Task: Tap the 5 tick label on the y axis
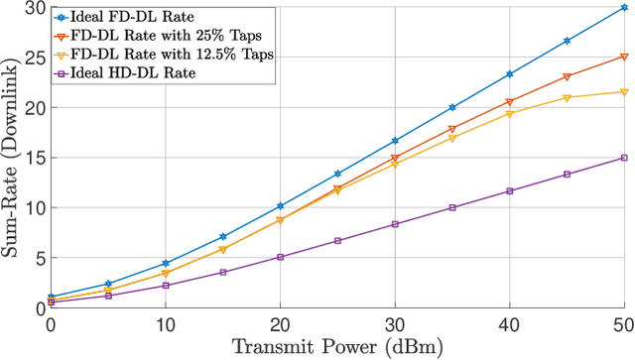37,258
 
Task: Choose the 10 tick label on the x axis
166,325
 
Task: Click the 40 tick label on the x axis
509,325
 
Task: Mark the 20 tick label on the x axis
280,325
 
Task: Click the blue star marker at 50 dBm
624,7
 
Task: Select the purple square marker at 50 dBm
624,158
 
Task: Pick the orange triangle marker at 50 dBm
624,57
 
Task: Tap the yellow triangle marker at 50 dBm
624,92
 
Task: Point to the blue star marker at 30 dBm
395,141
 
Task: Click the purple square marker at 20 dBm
280,257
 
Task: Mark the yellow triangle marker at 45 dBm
567,97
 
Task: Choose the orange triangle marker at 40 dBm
509,102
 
